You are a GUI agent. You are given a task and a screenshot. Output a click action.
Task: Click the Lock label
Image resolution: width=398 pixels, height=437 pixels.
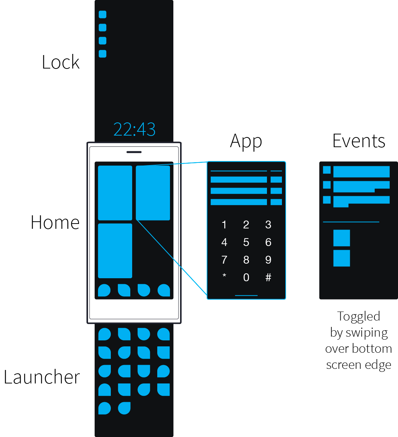(61, 62)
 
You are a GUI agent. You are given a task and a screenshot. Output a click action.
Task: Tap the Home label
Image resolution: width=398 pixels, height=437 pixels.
(55, 222)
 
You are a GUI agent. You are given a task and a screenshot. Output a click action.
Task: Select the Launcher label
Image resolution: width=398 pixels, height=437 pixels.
(42, 377)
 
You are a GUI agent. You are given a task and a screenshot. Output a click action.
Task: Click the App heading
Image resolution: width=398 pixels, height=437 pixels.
(246, 142)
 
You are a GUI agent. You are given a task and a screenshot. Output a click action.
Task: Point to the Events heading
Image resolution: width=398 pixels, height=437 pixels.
(359, 141)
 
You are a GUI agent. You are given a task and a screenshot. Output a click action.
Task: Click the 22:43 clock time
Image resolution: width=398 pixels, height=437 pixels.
(134, 129)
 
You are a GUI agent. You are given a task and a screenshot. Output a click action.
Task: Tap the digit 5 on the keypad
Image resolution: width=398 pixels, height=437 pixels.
(246, 242)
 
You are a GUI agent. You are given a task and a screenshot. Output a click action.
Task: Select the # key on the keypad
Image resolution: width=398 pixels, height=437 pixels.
(268, 277)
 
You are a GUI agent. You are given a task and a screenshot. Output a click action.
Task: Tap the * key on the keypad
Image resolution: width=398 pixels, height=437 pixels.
(224, 277)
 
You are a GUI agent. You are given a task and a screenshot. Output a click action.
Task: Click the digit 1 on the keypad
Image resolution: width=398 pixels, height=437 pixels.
(224, 225)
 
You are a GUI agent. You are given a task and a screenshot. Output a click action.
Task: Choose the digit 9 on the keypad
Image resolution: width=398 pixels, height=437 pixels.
(268, 260)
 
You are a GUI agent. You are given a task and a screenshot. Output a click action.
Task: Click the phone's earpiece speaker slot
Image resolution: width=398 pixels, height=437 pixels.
(134, 152)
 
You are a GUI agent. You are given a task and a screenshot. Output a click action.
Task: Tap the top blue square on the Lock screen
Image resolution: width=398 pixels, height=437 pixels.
(103, 15)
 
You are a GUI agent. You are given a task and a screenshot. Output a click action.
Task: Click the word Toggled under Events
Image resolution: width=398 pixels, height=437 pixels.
(359, 316)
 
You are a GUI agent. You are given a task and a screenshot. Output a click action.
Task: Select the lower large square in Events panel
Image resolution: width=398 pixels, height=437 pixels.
(341, 258)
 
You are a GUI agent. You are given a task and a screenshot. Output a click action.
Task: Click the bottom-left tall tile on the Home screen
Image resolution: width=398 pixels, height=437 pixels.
(115, 251)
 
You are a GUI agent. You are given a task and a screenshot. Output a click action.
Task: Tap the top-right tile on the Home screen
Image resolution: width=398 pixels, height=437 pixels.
(153, 193)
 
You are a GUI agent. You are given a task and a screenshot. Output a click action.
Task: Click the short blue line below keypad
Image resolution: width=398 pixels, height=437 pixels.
(246, 295)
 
